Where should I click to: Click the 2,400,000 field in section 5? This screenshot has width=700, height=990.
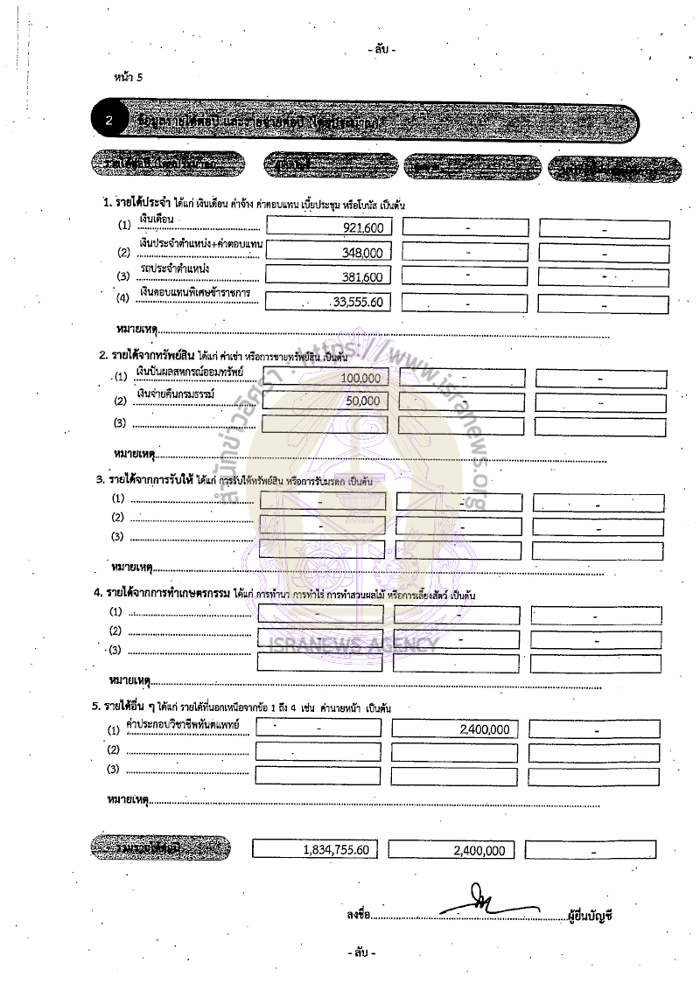[481, 729]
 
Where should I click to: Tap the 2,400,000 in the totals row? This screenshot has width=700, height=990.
[479, 850]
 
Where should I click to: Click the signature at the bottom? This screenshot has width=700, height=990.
[478, 904]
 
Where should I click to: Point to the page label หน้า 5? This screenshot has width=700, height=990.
[128, 77]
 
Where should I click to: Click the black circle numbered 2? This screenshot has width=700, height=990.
[109, 122]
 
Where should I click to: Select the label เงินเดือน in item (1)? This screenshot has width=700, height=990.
[158, 216]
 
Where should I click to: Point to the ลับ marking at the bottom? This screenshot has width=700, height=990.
[361, 952]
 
